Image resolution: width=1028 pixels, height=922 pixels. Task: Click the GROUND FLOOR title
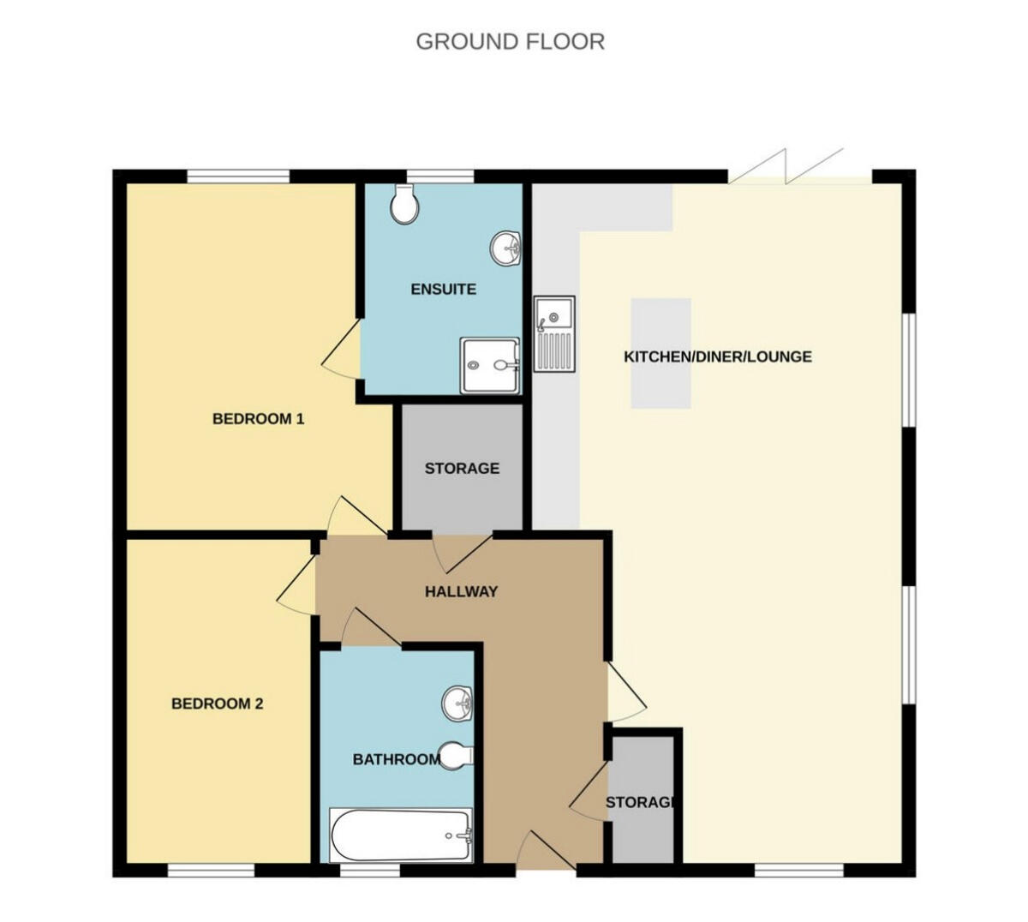click(x=510, y=41)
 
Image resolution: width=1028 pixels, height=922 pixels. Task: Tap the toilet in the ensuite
click(x=403, y=205)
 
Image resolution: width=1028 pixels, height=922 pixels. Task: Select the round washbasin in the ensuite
click(x=505, y=248)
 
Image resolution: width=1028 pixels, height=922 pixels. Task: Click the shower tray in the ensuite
click(x=490, y=365)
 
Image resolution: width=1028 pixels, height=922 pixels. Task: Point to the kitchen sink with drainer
click(x=555, y=334)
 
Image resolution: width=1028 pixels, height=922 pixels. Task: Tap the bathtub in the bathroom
click(x=401, y=835)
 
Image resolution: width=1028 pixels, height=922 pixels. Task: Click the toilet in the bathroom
click(x=455, y=756)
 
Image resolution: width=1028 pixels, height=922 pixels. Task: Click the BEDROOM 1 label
click(x=258, y=419)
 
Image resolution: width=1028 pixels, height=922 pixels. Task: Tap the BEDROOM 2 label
click(x=217, y=703)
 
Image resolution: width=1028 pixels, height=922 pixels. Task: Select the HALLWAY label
click(x=461, y=591)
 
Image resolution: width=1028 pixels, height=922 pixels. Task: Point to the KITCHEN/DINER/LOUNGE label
click(x=717, y=356)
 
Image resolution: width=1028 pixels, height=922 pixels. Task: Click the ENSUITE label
click(x=443, y=289)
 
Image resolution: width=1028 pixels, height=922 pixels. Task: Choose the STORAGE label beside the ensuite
click(x=462, y=469)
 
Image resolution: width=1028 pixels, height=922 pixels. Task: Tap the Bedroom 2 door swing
click(x=296, y=587)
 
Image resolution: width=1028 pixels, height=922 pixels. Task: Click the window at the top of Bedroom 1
click(x=238, y=177)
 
